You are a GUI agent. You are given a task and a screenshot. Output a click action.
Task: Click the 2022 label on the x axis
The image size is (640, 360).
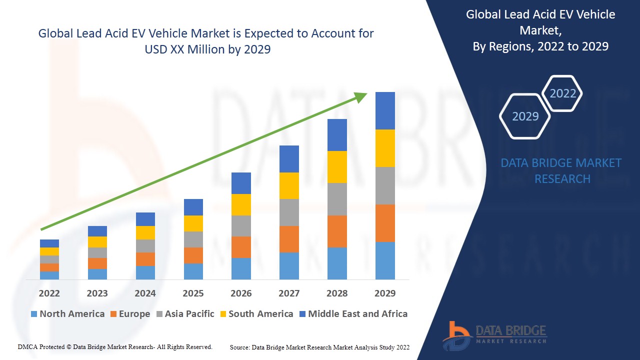pyautogui.click(x=49, y=293)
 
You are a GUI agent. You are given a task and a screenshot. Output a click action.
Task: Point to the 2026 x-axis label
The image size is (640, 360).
pyautogui.click(x=241, y=293)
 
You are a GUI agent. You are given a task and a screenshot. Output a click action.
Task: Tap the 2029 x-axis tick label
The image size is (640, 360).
pyautogui.click(x=385, y=293)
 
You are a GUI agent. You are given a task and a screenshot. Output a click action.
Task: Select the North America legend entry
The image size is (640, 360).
pyautogui.click(x=67, y=314)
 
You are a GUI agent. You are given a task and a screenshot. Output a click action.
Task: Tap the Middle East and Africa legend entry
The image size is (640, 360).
pyautogui.click(x=353, y=314)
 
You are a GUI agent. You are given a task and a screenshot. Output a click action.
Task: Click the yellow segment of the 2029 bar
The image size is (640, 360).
pyautogui.click(x=385, y=148)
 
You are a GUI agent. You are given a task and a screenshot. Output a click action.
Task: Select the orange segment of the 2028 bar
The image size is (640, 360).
pyautogui.click(x=337, y=231)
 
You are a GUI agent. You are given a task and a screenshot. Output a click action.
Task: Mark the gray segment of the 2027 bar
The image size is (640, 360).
pyautogui.click(x=289, y=212)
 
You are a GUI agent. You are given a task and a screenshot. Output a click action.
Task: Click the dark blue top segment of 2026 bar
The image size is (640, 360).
pyautogui.click(x=241, y=183)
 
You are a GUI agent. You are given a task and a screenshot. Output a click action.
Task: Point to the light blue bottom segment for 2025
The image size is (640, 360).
pyautogui.click(x=193, y=271)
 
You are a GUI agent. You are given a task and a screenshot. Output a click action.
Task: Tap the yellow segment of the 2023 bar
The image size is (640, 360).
pyautogui.click(x=97, y=242)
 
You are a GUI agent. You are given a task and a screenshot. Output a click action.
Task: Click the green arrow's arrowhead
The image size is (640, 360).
pyautogui.click(x=361, y=96)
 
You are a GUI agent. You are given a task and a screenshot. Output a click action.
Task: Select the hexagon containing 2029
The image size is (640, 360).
pyautogui.click(x=525, y=116)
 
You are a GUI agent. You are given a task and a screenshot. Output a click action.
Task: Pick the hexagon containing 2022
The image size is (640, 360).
pyautogui.click(x=562, y=93)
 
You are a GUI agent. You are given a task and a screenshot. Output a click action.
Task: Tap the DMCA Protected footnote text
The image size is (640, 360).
pyautogui.click(x=115, y=346)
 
